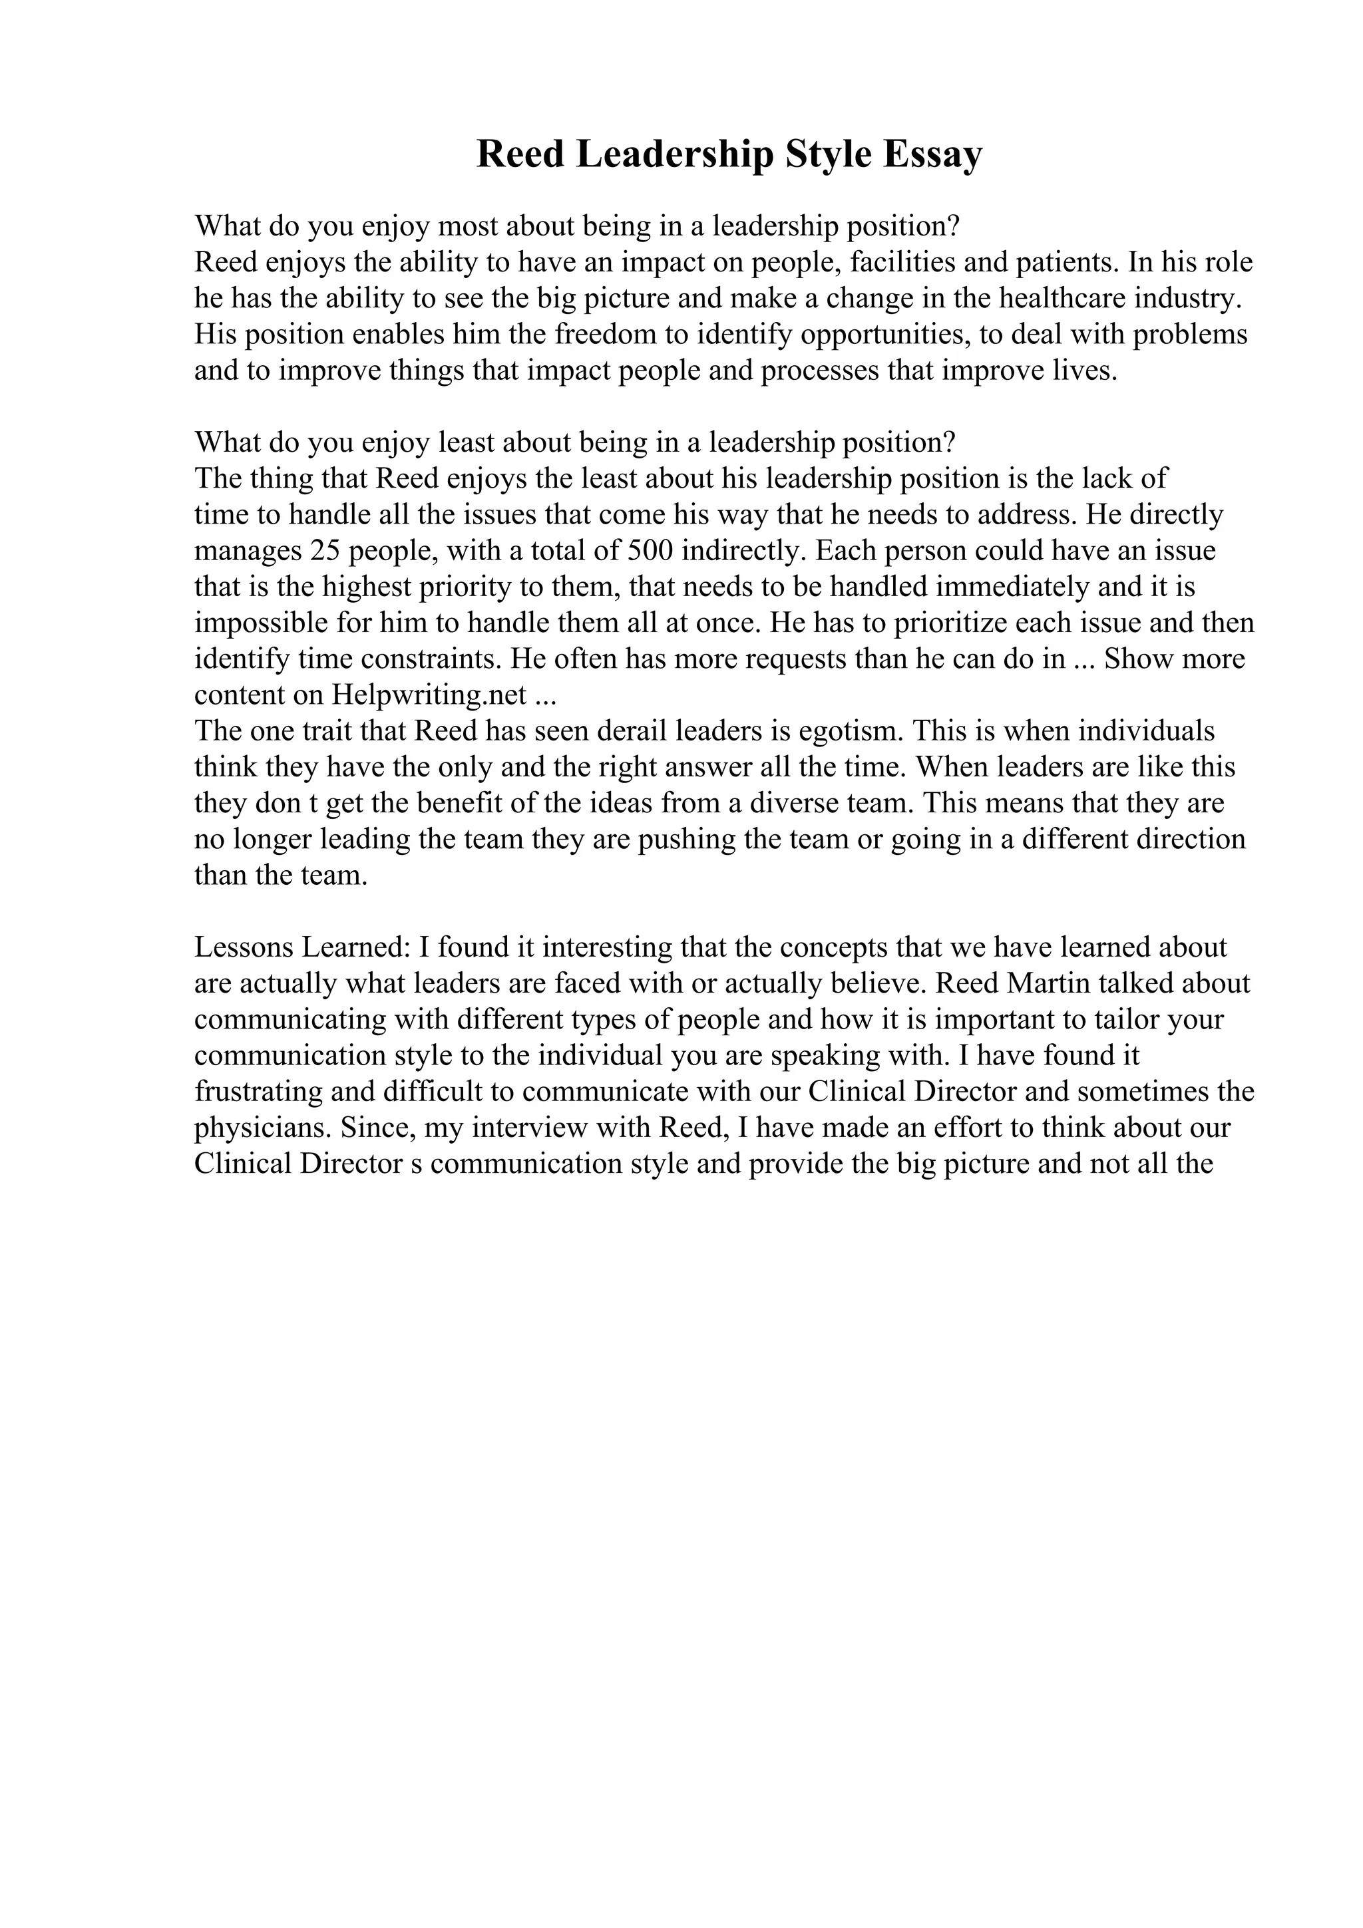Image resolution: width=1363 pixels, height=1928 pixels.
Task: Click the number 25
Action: (325, 551)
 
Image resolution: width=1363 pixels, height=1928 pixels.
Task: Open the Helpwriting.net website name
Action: (430, 695)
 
